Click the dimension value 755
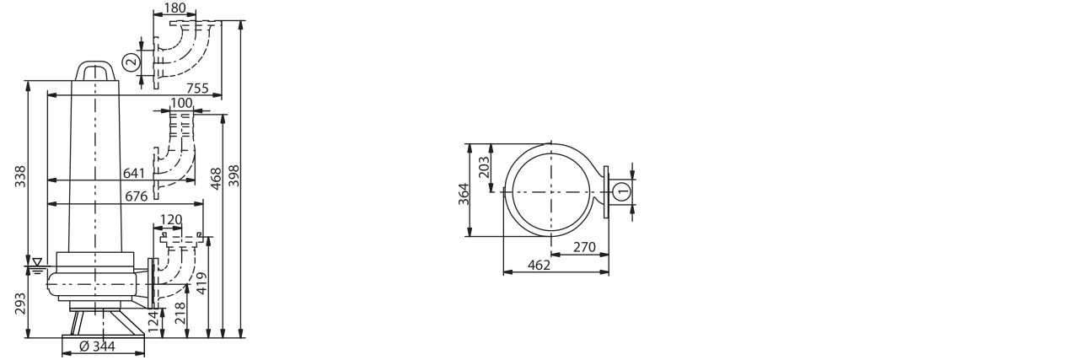point(197,89)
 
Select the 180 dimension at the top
point(174,8)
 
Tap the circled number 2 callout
point(131,62)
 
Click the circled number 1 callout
point(622,191)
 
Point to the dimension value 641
point(134,173)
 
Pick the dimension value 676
point(137,196)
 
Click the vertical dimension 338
point(20,176)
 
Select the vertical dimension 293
point(20,304)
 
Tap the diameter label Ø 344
point(97,346)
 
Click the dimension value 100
point(181,103)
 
